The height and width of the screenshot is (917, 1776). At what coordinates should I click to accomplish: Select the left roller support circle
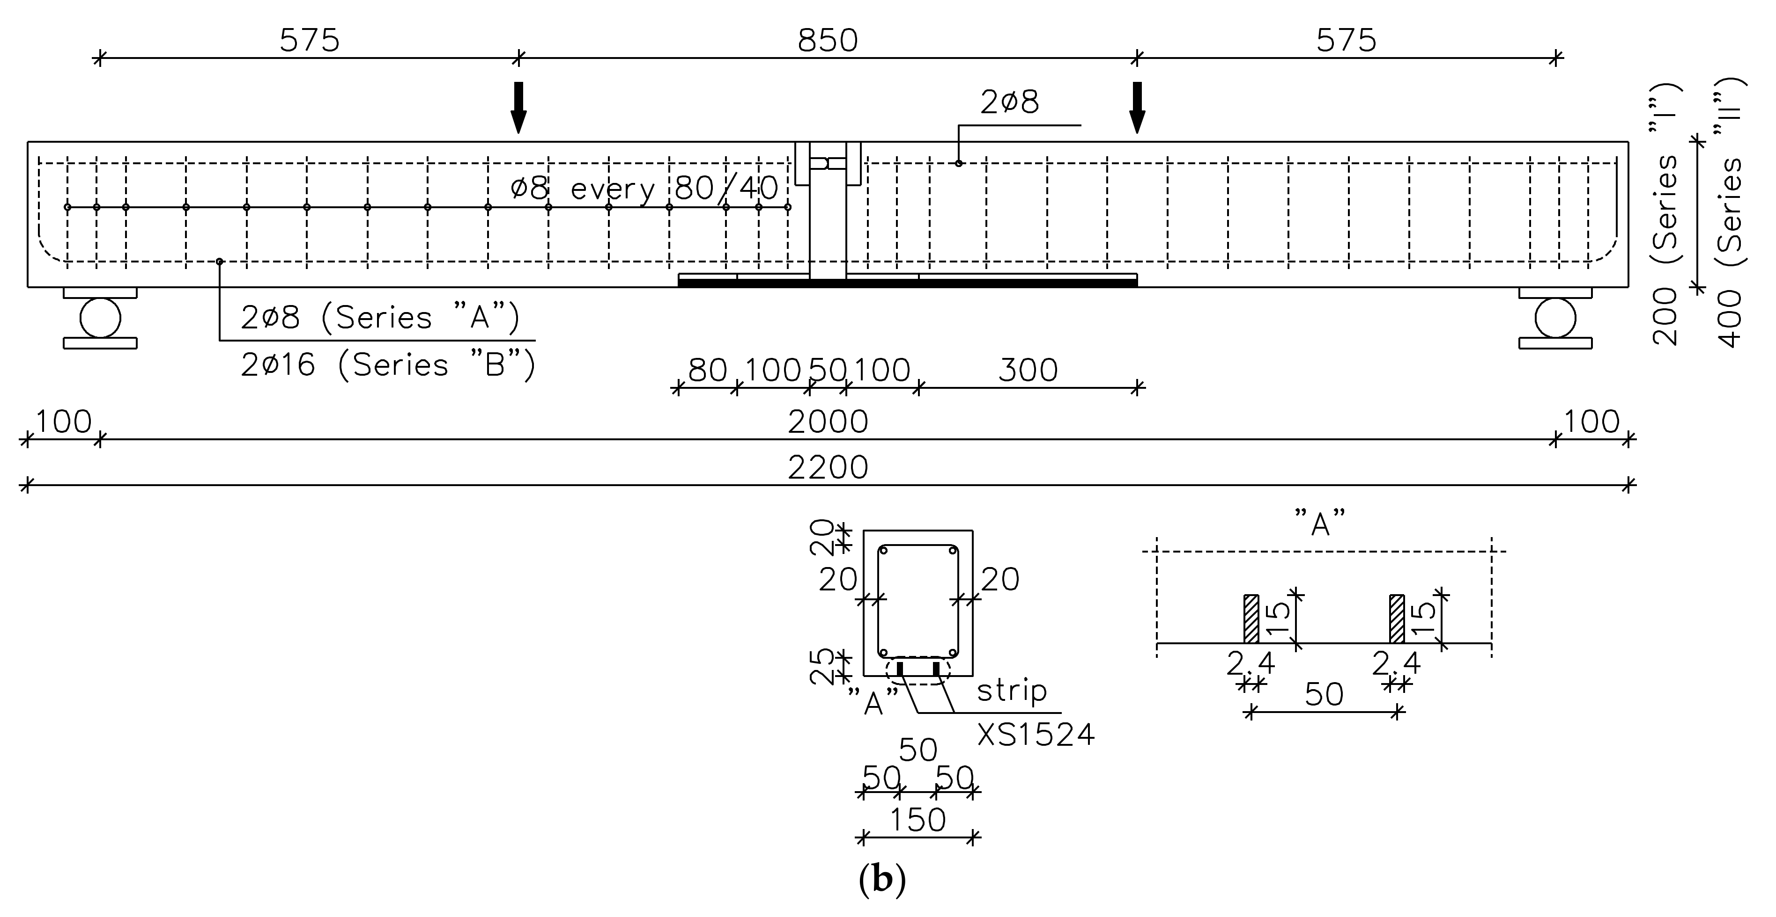[x=100, y=318]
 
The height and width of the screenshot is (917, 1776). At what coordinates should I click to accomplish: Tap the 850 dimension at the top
[x=827, y=41]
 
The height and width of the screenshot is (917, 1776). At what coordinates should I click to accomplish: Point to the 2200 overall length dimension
[x=827, y=468]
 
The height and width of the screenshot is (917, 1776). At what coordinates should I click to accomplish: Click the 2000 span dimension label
[x=827, y=422]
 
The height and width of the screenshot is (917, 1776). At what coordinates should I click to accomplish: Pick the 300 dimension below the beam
[x=1027, y=371]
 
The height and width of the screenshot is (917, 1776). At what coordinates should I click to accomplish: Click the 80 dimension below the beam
[x=707, y=371]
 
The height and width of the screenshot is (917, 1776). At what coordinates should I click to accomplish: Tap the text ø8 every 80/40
[x=644, y=188]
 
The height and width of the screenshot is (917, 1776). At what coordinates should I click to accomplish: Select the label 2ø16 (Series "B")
[x=387, y=364]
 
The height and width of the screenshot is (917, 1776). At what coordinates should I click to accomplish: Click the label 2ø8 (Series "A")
[x=380, y=318]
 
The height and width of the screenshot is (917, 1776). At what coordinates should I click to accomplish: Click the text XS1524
[x=1036, y=735]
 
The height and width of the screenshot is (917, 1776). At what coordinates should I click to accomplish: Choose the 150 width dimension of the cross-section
[x=917, y=820]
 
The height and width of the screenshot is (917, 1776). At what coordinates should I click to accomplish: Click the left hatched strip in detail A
[x=1251, y=618]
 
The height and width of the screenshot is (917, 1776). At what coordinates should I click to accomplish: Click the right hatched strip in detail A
[x=1397, y=618]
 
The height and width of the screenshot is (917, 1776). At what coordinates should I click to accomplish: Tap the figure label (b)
[x=882, y=880]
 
